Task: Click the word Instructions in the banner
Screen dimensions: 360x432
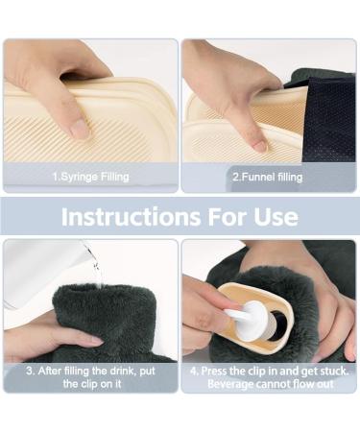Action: (x=131, y=217)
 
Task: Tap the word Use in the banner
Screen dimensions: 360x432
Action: (x=276, y=217)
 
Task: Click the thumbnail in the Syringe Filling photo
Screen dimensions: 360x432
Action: (x=79, y=129)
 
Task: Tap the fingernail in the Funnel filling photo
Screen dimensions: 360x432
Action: (x=259, y=146)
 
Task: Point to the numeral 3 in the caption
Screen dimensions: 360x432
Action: (x=30, y=372)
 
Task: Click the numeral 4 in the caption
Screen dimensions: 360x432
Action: (x=194, y=372)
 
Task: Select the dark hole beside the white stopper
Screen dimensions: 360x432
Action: (x=277, y=325)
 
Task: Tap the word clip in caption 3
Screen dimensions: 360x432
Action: (x=88, y=384)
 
